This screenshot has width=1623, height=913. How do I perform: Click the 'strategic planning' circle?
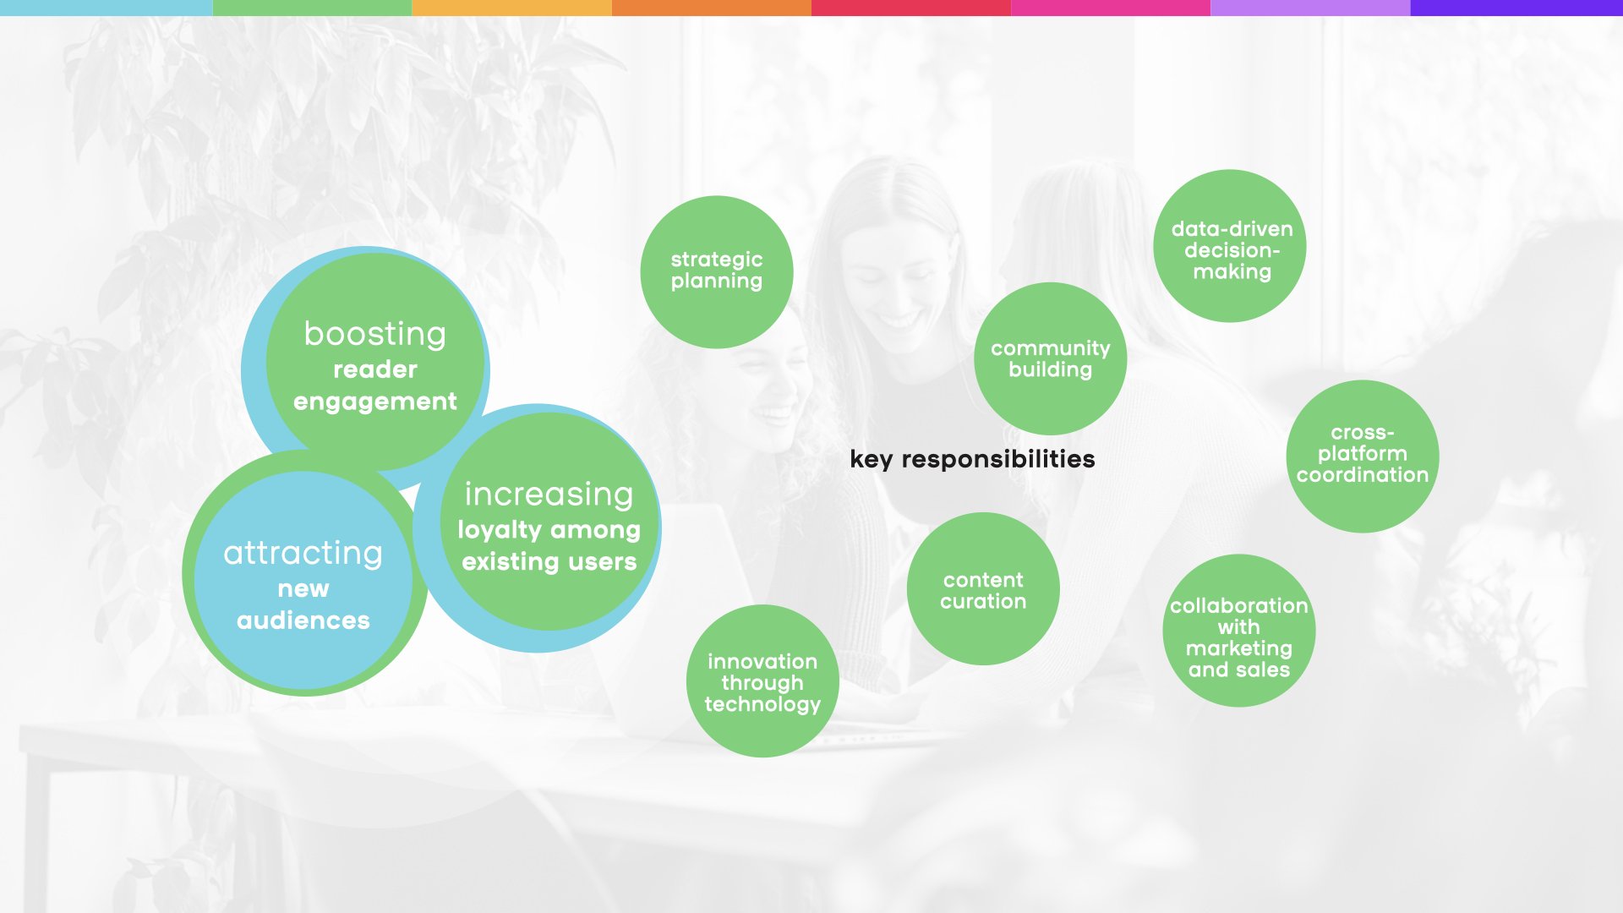[x=717, y=272]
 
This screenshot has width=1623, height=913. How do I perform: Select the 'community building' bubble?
[x=1051, y=358]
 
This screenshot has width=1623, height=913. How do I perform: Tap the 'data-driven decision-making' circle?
[x=1230, y=246]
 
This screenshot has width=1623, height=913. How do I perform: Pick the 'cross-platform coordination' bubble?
[x=1363, y=456]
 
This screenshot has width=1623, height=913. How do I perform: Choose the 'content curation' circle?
[x=983, y=588]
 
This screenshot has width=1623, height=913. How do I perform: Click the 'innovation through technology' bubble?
[x=762, y=681]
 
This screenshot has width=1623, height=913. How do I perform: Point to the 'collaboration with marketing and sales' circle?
[x=1239, y=631]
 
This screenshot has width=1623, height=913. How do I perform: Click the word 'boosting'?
[x=375, y=334]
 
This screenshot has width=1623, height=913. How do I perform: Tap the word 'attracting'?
[x=303, y=554]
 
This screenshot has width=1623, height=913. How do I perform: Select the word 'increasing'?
[x=549, y=495]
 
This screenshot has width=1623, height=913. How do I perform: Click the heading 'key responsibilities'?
[x=972, y=459]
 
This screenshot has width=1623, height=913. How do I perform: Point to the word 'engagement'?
[x=375, y=402]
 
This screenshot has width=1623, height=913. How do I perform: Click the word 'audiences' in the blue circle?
[x=303, y=621]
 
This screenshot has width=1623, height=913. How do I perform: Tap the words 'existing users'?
[x=549, y=561]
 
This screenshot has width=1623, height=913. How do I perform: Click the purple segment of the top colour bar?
[x=1516, y=8]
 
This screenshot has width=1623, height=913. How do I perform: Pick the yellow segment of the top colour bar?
[x=511, y=8]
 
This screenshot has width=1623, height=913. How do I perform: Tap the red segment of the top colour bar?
[x=911, y=8]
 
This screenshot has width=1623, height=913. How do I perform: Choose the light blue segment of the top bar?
[x=107, y=8]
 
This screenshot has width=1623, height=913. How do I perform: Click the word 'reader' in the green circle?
[x=375, y=369]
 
